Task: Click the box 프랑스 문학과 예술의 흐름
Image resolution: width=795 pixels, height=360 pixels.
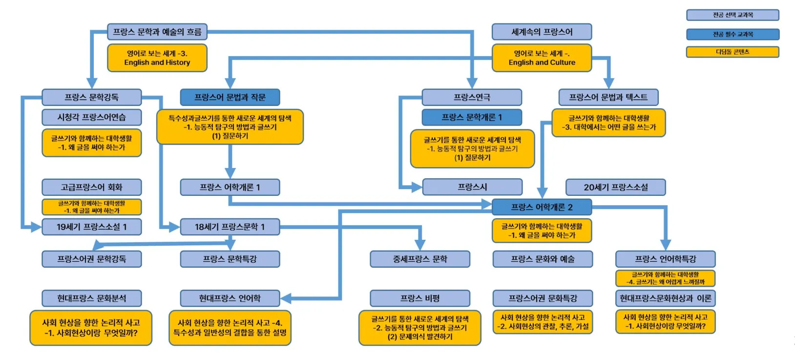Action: coord(157,32)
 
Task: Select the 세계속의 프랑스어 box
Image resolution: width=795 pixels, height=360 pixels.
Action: coord(542,32)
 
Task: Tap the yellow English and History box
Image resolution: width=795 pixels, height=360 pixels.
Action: coord(157,58)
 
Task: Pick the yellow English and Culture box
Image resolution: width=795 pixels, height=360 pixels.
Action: coord(542,58)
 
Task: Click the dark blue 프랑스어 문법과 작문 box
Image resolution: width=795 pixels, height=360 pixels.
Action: coord(230,97)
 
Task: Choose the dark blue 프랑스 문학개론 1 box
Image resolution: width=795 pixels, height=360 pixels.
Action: coord(472,117)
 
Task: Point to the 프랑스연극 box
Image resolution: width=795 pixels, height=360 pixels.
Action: coord(472,97)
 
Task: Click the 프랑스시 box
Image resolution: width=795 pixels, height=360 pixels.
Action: coord(472,187)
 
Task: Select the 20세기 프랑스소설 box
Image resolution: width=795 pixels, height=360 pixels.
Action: coord(616,187)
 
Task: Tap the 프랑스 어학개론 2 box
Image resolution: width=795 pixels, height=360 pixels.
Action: coord(542,207)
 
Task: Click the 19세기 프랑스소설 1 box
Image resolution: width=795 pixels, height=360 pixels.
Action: coord(92,227)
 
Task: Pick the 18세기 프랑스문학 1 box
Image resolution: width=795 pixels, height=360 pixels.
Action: coord(230,227)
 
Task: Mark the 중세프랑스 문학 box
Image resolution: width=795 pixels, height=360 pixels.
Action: coord(420,259)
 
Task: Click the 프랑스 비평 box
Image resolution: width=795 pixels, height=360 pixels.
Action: coord(420,298)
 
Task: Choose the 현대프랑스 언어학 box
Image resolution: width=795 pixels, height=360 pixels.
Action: coord(230,298)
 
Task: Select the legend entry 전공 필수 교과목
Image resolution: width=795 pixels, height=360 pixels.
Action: coord(732,34)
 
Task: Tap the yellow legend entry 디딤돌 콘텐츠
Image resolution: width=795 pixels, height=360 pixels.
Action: coord(732,52)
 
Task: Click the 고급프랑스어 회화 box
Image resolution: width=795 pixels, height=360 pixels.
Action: coord(92,187)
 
